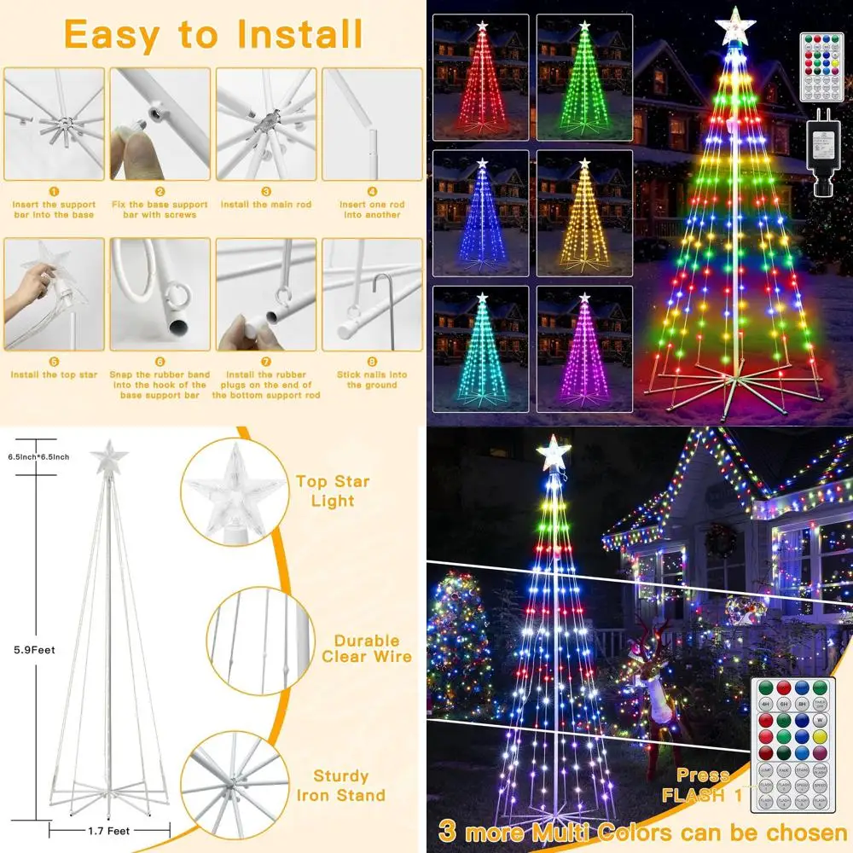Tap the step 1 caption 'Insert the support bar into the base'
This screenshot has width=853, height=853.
[x=54, y=209]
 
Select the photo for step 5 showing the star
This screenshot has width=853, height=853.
[x=54, y=294]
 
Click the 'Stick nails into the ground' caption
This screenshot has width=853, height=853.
[x=372, y=380]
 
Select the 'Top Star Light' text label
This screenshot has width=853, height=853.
[x=333, y=491]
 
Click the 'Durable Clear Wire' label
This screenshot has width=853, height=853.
[x=367, y=648]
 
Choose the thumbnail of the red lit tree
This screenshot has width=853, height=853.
[x=481, y=78]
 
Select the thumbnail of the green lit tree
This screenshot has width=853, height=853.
[x=584, y=78]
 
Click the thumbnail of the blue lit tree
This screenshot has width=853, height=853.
[x=481, y=213]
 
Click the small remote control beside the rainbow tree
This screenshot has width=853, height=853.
[x=821, y=67]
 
